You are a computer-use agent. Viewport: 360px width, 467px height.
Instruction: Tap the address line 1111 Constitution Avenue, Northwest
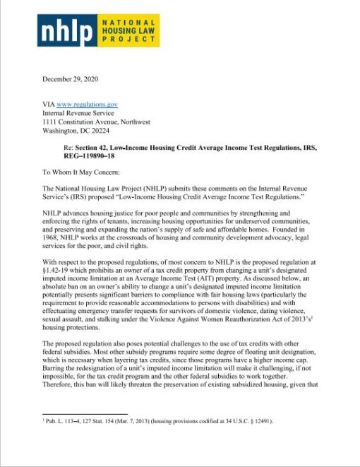(x=96, y=122)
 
